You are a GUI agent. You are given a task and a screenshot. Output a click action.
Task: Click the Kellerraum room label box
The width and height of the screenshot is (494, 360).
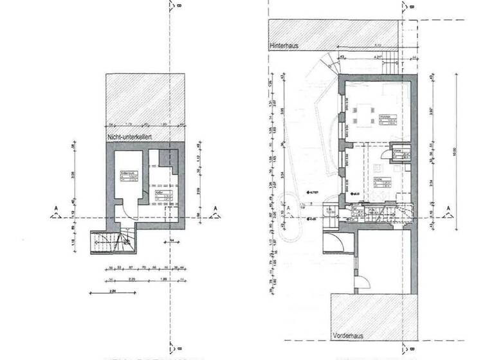coord(127,175)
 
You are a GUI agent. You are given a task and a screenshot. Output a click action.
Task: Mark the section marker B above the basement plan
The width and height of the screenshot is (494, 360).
coord(171,7)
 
